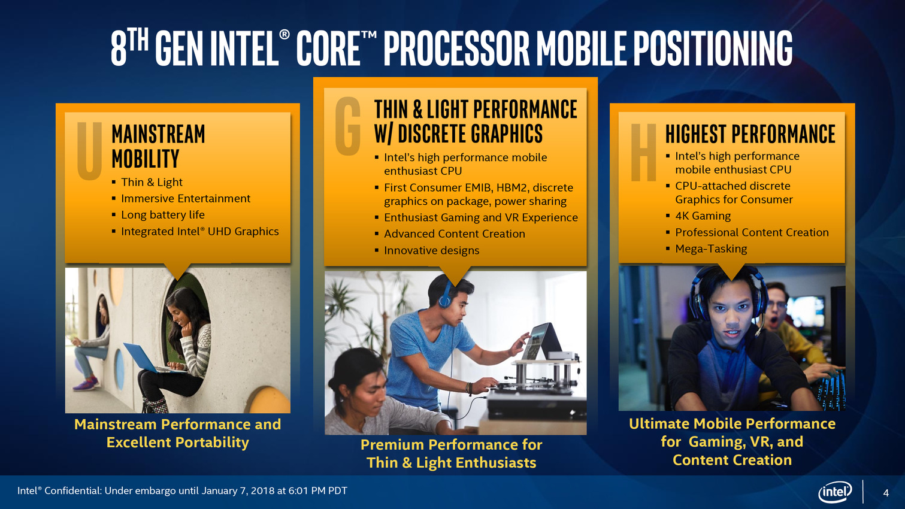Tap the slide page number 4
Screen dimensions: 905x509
[x=886, y=493]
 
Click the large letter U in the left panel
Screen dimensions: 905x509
[x=89, y=150]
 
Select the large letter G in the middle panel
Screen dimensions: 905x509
[x=347, y=126]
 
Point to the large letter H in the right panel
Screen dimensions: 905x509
[x=644, y=152]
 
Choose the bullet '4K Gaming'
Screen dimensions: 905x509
[x=703, y=216]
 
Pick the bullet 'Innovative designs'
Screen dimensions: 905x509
[x=431, y=250]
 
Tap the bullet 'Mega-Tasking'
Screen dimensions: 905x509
[x=711, y=249]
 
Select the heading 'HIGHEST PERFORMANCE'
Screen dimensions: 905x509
[x=750, y=134]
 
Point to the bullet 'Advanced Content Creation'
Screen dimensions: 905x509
[x=455, y=234]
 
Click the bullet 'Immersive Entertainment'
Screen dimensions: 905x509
[x=186, y=198]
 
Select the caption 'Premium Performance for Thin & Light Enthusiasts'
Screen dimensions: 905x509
[x=451, y=453]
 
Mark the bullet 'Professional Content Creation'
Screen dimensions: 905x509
[x=752, y=232]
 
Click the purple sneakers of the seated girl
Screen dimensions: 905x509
[x=86, y=383]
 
